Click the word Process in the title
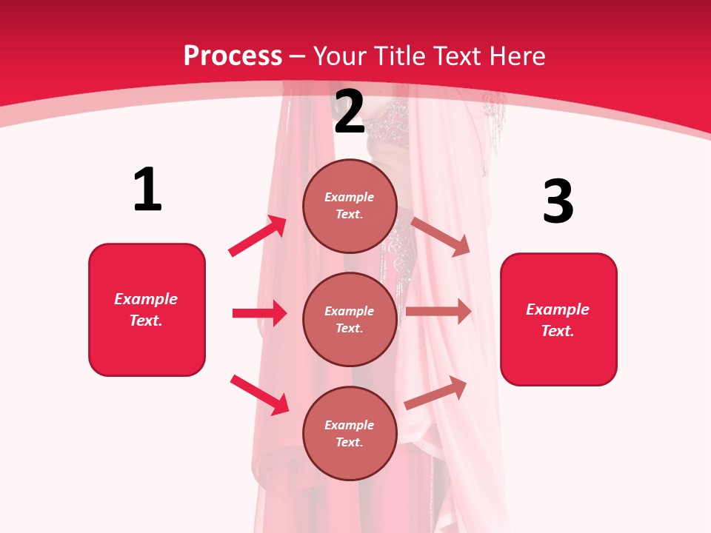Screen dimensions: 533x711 (233, 56)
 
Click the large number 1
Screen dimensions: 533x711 (147, 190)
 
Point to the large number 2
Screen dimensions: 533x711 (350, 112)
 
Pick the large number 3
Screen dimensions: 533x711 (558, 202)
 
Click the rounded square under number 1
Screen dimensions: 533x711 (147, 309)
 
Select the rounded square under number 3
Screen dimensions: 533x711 (558, 320)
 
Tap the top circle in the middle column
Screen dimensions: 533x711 (350, 206)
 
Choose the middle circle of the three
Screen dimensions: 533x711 (350, 319)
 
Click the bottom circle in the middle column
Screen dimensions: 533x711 (350, 433)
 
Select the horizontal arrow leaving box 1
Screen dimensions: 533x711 (259, 313)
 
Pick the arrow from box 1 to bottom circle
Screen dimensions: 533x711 (259, 395)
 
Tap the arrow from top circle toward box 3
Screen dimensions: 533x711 (441, 237)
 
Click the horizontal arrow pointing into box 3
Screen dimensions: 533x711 (438, 312)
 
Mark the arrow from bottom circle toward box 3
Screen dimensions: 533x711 (436, 392)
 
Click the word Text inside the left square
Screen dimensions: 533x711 (145, 321)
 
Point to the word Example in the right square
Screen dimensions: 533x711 (558, 309)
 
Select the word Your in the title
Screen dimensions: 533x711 (339, 56)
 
